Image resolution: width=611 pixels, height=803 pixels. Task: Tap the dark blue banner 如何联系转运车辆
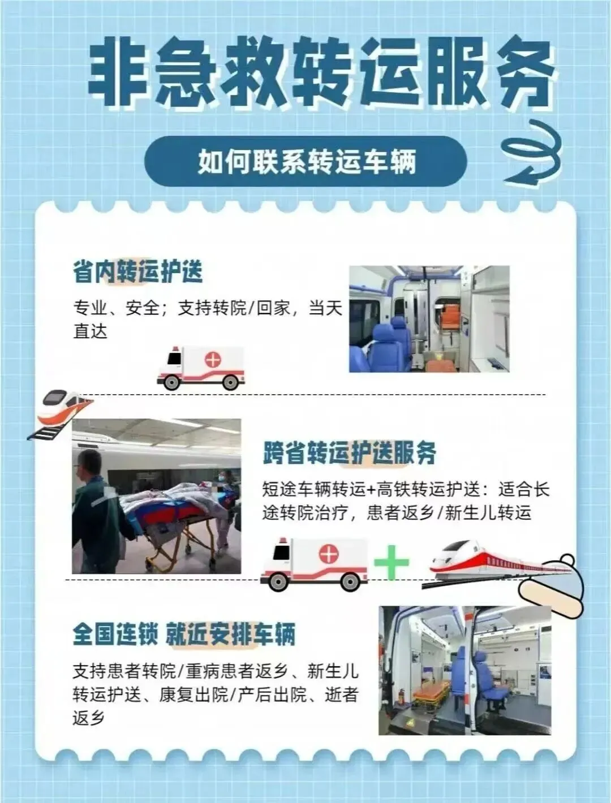tap(305, 161)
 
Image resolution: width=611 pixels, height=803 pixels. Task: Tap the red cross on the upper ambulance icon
tap(213, 360)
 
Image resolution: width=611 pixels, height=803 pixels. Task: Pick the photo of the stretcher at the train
tap(156, 496)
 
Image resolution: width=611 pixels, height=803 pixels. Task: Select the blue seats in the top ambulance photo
tap(381, 344)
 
